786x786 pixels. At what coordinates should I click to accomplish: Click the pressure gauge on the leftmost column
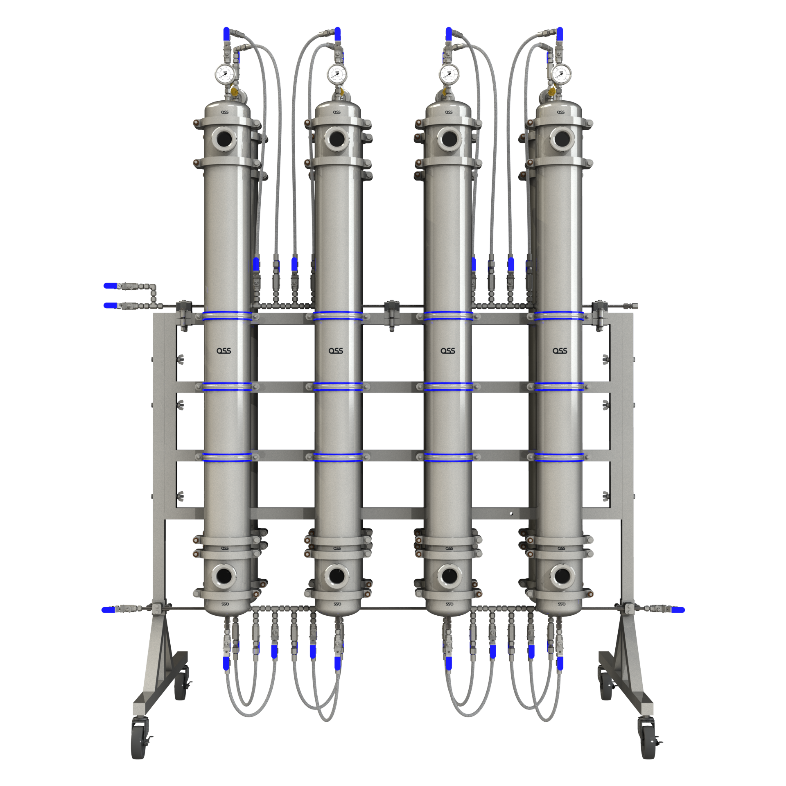click(224, 74)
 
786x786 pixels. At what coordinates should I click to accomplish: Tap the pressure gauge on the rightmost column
click(561, 74)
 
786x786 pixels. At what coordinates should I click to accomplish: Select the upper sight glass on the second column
click(337, 139)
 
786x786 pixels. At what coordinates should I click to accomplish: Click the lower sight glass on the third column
click(449, 576)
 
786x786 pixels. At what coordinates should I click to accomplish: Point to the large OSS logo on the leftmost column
click(224, 351)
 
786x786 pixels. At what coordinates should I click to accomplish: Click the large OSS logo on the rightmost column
click(560, 351)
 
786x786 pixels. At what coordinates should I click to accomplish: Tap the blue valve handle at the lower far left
click(108, 610)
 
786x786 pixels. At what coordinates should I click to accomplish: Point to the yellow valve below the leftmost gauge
click(235, 92)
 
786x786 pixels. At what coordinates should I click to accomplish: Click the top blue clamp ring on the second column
click(338, 315)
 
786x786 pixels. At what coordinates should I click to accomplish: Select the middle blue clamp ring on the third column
click(449, 386)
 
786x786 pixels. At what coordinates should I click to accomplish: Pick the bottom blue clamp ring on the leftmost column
click(227, 457)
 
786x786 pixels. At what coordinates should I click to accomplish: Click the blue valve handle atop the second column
click(338, 34)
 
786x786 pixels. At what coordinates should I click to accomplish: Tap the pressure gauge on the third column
click(449, 74)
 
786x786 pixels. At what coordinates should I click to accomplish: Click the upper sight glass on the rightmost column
click(562, 139)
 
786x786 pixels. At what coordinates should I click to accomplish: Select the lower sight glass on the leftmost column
click(224, 576)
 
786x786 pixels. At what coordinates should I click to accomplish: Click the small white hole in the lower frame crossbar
click(511, 513)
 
